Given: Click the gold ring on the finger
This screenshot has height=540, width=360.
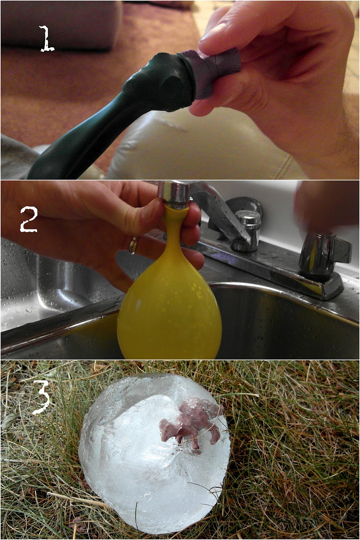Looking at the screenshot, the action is point(133,244).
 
